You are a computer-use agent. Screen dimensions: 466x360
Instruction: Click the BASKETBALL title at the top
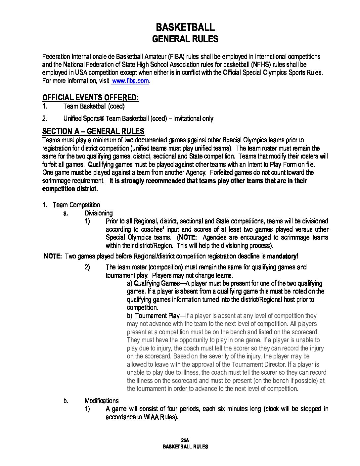coord(185,27)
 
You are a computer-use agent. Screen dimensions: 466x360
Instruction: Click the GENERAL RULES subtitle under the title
coord(185,39)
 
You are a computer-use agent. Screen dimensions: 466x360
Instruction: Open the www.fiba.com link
coord(130,81)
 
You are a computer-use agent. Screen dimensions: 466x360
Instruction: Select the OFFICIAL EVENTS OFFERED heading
coord(90,98)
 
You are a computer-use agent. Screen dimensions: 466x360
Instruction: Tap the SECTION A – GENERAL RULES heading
coord(93,131)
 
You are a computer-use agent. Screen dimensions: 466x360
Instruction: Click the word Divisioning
coord(99,213)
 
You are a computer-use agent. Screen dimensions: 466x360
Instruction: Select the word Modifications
coord(102,401)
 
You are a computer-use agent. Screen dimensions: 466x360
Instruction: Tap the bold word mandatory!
coord(283,256)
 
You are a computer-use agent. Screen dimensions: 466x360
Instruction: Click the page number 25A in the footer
coord(185,440)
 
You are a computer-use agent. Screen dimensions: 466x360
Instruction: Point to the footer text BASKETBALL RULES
coord(185,446)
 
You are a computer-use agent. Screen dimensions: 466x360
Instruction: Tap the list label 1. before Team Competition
coord(44,205)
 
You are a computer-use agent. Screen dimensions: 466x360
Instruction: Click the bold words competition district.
coord(70,189)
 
